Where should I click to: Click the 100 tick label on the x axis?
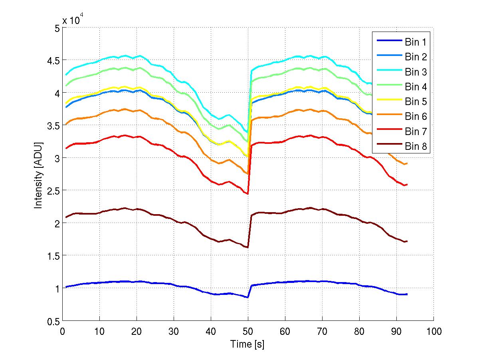tap(433, 331)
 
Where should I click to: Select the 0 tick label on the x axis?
tap(63, 331)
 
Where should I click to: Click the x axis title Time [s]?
tap(247, 344)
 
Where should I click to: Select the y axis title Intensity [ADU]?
tap(38, 174)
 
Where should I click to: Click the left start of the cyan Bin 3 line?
tap(66, 75)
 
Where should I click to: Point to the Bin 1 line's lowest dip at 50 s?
tap(248, 297)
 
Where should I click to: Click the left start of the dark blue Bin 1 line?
tap(66, 286)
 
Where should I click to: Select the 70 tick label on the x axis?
tap(323, 331)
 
